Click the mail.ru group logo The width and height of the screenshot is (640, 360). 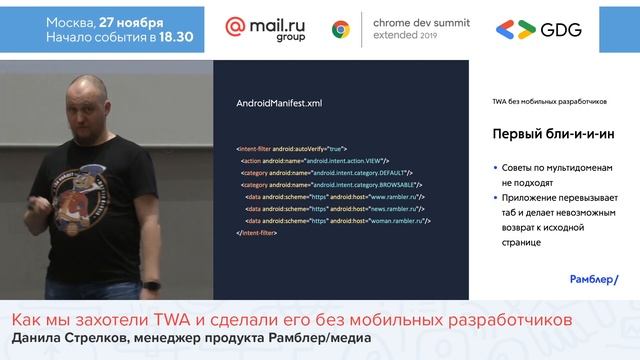(x=266, y=29)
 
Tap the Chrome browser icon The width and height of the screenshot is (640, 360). (x=341, y=29)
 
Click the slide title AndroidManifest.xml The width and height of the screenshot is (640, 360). (x=279, y=102)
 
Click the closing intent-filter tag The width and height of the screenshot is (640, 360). (x=256, y=232)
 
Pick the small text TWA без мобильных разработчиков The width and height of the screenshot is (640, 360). (x=549, y=101)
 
